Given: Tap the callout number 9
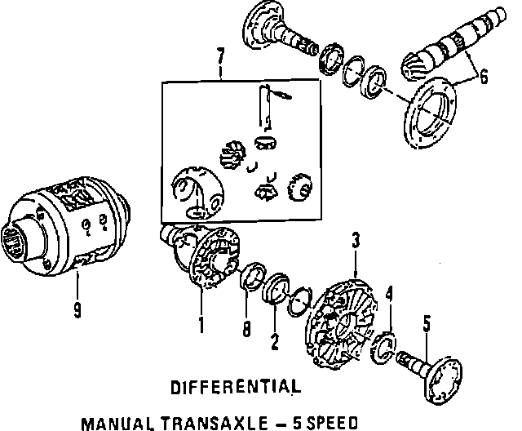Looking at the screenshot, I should pyautogui.click(x=77, y=311).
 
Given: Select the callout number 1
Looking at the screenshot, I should pyautogui.click(x=200, y=326).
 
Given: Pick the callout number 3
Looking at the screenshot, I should pyautogui.click(x=356, y=241).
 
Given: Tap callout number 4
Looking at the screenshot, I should pyautogui.click(x=390, y=292).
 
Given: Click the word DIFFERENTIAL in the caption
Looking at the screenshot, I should pyautogui.click(x=230, y=385).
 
